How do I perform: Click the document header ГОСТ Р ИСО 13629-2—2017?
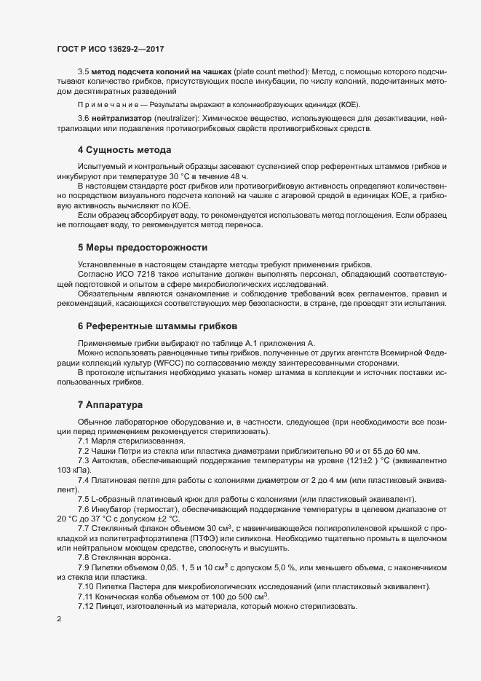tap(109, 48)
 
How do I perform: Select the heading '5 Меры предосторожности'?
tap(142, 248)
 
